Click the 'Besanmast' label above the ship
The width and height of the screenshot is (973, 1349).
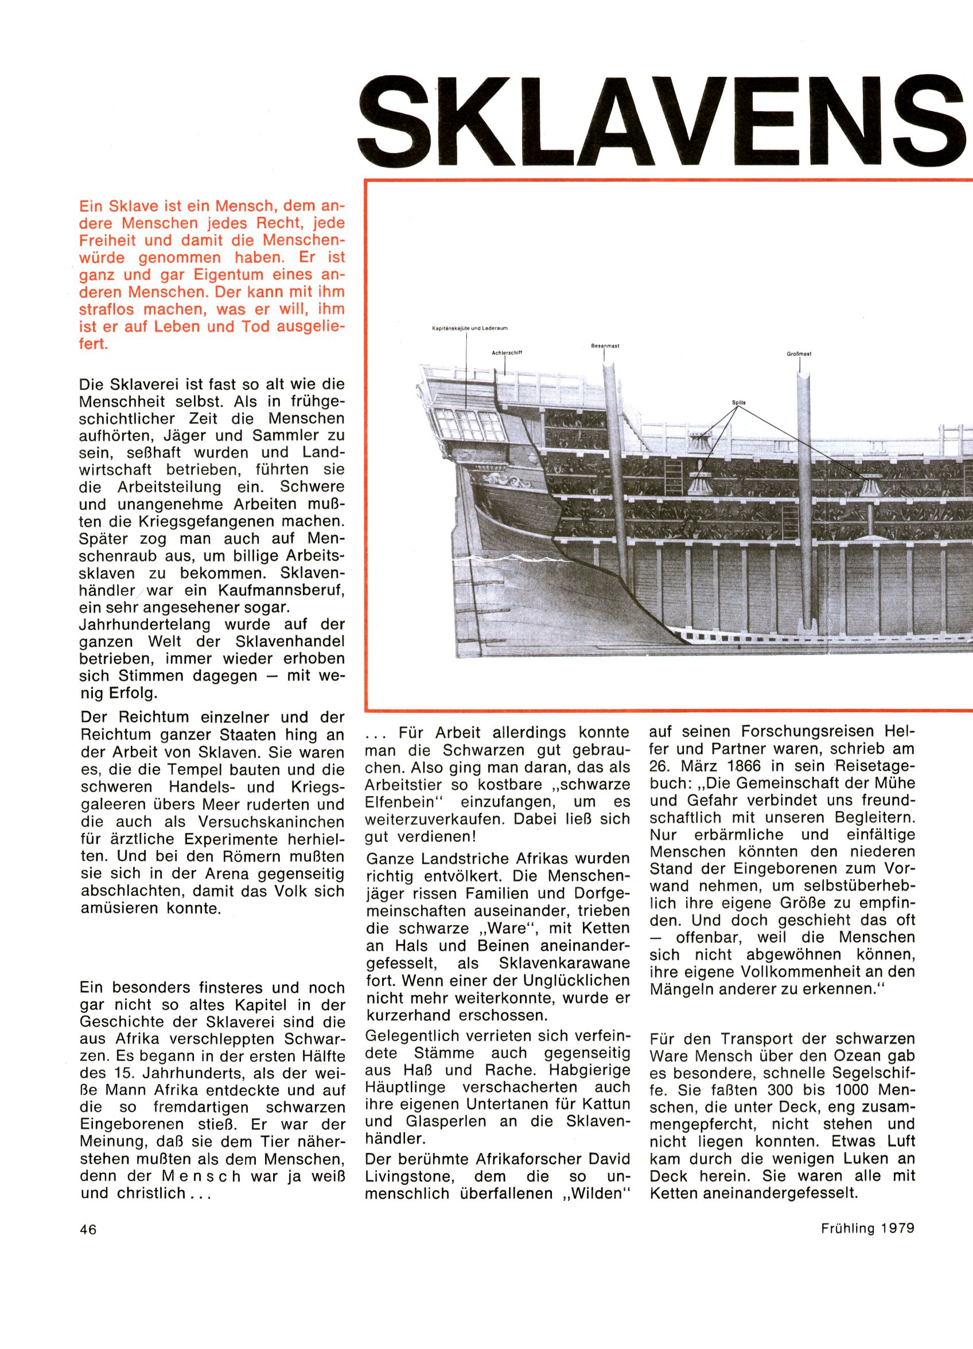pyautogui.click(x=605, y=346)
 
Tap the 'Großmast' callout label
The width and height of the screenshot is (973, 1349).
pyautogui.click(x=799, y=354)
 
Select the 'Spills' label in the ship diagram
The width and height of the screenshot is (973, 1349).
pyautogui.click(x=738, y=403)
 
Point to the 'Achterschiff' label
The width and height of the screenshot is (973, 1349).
pyautogui.click(x=507, y=353)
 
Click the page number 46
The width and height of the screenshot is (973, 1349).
pyautogui.click(x=88, y=1230)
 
